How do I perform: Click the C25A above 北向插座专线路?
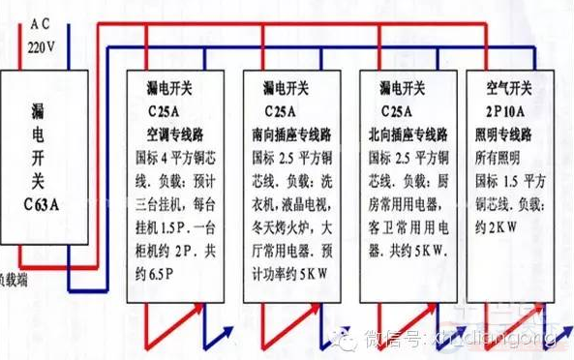click(x=410, y=109)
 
